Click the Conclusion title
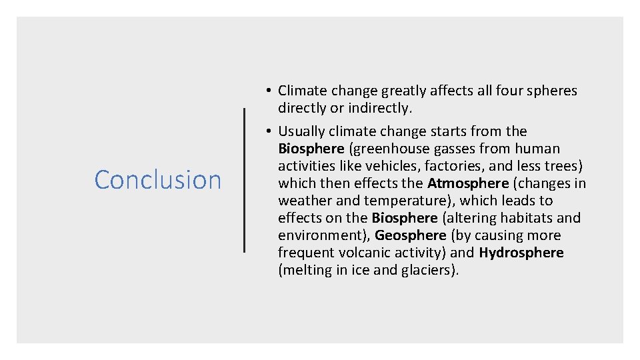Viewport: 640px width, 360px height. (x=157, y=180)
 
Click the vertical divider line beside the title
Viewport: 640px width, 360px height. (x=244, y=180)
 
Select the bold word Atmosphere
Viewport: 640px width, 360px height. (x=467, y=183)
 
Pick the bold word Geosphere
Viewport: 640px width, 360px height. (x=410, y=235)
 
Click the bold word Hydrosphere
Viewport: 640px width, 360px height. (x=521, y=253)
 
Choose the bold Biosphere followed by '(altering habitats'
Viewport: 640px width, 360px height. (x=404, y=218)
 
